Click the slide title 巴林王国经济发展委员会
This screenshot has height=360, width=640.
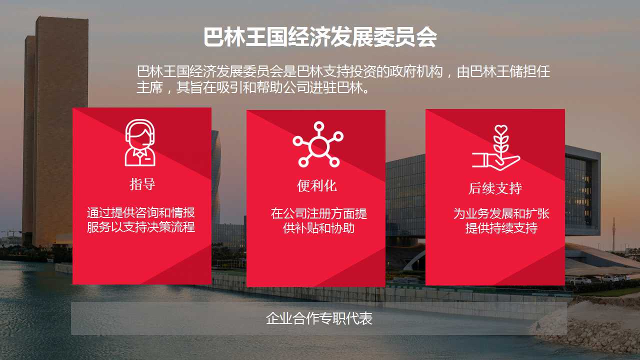(x=320, y=37)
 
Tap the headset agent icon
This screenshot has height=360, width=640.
(x=140, y=142)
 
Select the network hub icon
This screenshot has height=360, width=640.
(x=318, y=144)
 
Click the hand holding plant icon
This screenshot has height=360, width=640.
(x=495, y=147)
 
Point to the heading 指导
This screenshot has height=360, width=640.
(x=142, y=184)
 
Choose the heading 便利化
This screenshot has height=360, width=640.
(x=317, y=186)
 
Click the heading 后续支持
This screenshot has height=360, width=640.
(x=495, y=188)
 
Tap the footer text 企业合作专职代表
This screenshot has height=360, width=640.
(x=319, y=318)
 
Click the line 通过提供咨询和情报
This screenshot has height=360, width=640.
(x=141, y=213)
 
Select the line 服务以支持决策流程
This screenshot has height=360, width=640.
(x=141, y=227)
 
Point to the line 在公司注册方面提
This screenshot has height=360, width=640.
(x=319, y=213)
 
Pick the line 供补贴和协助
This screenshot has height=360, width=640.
(x=319, y=228)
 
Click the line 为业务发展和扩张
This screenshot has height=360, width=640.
(x=501, y=213)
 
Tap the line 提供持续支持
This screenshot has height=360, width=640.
(x=501, y=228)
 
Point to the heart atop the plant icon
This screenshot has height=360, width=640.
(x=501, y=130)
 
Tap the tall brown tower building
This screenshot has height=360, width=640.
(x=55, y=131)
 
